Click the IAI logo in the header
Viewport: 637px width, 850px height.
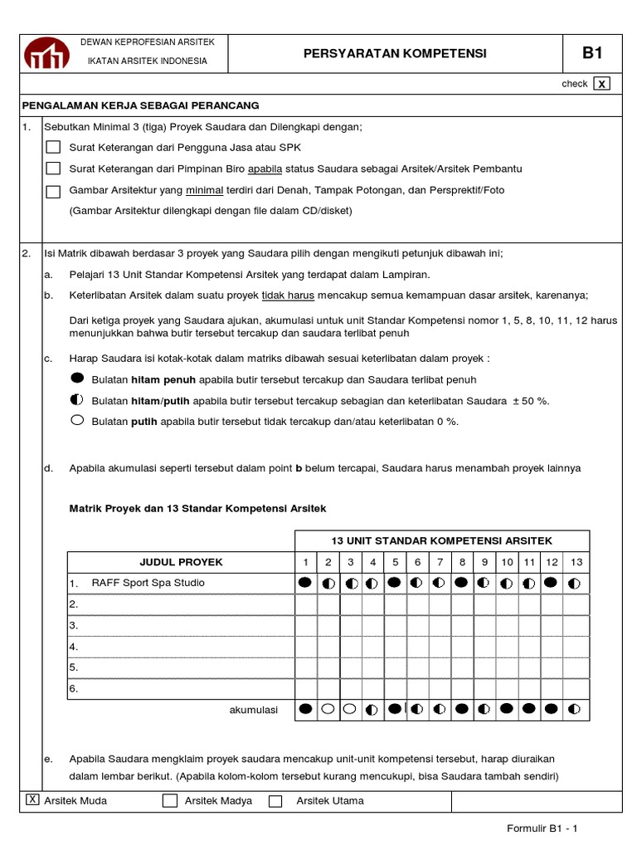(48, 54)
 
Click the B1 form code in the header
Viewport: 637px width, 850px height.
(591, 54)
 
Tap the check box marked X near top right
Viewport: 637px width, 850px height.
(603, 83)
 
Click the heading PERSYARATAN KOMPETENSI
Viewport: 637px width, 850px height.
(383, 54)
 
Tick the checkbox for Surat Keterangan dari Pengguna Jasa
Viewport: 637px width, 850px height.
(53, 147)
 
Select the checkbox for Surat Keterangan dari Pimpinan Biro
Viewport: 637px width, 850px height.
(53, 169)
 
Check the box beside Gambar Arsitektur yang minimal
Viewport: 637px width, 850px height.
(53, 191)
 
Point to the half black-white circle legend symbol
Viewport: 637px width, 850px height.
(79, 400)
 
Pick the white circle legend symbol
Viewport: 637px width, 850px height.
(79, 421)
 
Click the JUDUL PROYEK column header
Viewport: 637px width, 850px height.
(181, 562)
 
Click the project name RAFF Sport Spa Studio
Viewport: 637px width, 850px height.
(148, 583)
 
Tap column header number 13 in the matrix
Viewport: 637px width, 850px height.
(576, 562)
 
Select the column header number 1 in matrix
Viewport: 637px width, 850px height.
(305, 562)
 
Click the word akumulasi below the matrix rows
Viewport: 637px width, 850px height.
(254, 710)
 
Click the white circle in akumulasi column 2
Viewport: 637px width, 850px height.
(328, 710)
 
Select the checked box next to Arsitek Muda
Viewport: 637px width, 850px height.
(32, 800)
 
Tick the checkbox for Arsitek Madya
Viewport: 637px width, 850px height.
(170, 801)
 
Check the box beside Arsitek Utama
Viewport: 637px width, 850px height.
(276, 801)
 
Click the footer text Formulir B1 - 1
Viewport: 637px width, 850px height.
(547, 828)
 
